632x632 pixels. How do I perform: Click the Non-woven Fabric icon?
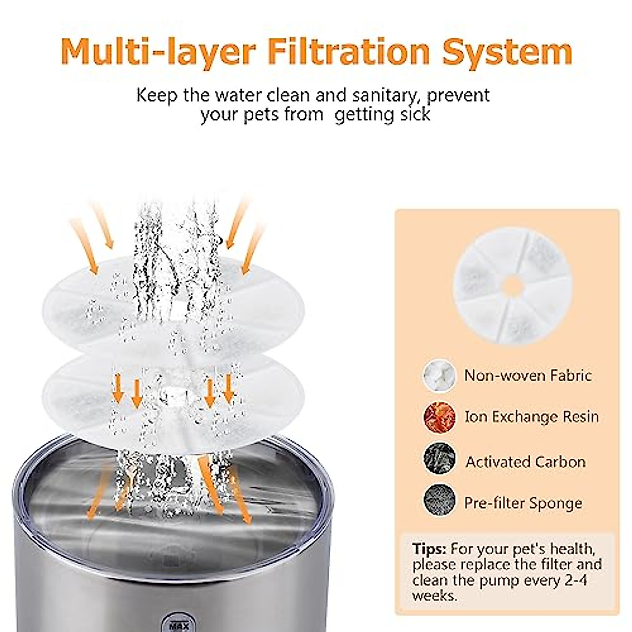click(x=439, y=375)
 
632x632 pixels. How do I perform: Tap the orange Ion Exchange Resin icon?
click(x=439, y=416)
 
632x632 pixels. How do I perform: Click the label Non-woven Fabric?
click(x=527, y=375)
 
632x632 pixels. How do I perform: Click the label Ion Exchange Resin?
click(x=531, y=417)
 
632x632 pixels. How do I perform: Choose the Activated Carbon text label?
click(x=525, y=462)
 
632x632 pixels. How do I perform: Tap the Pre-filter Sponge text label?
click(x=522, y=502)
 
